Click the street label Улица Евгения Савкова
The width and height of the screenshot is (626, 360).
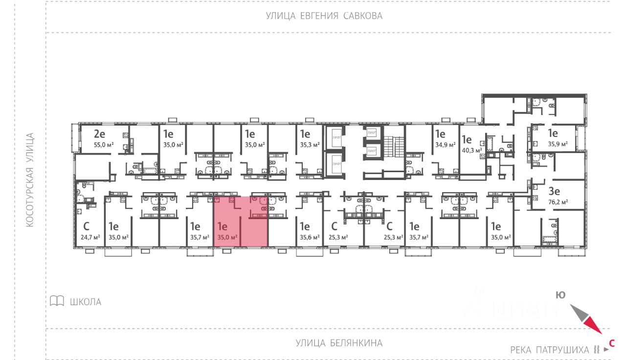click(324, 16)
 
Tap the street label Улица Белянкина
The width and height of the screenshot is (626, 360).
click(339, 343)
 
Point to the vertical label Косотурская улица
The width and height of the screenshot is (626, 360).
click(30, 180)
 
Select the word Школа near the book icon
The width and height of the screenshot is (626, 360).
click(86, 302)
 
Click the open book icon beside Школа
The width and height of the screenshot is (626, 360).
click(57, 301)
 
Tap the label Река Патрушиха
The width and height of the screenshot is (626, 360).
click(550, 350)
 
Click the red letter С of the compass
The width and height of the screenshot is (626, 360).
click(611, 343)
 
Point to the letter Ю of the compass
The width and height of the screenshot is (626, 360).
click(560, 295)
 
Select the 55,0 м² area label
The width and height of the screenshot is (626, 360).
click(103, 145)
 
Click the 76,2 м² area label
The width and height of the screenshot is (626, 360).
click(558, 202)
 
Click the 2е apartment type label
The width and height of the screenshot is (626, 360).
click(100, 134)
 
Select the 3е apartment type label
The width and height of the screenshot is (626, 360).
click(554, 191)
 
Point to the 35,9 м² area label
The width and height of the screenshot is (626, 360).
click(558, 144)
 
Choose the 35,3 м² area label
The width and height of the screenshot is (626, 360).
click(310, 145)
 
